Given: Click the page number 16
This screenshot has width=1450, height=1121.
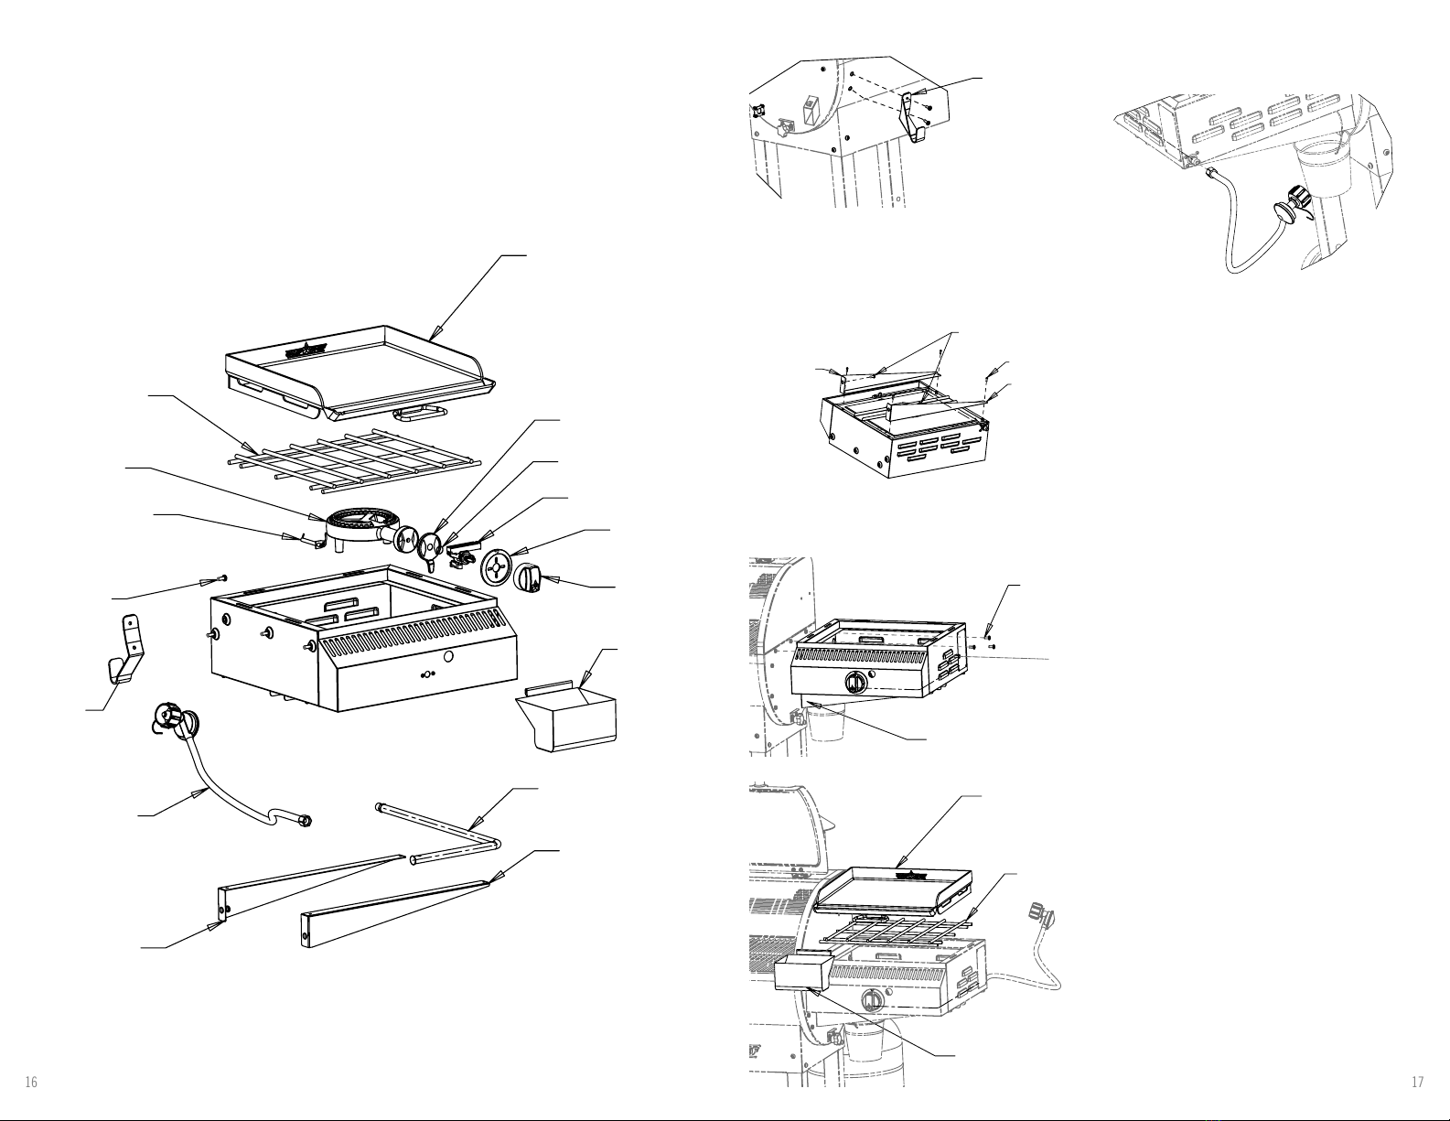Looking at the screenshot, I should tap(31, 1083).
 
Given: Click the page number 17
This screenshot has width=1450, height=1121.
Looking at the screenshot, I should tap(1417, 1083).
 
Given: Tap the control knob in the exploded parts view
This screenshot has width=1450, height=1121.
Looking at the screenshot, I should tap(531, 577).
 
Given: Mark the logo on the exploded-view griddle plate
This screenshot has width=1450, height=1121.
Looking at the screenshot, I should tap(306, 350).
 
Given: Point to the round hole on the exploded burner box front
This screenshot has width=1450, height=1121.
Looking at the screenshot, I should tap(448, 658).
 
